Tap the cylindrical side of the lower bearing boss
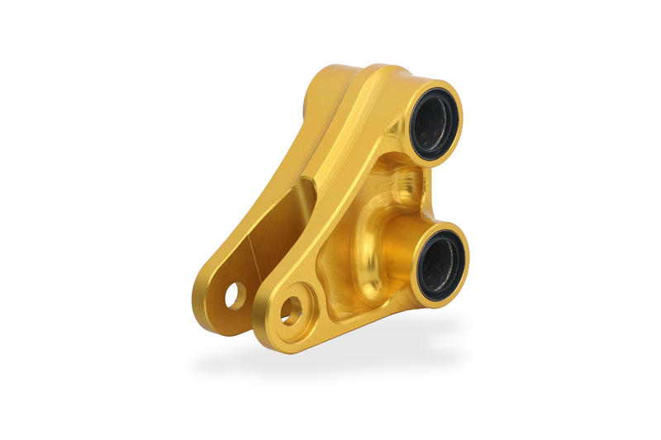[x=405, y=264]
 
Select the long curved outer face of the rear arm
[x=248, y=206]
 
